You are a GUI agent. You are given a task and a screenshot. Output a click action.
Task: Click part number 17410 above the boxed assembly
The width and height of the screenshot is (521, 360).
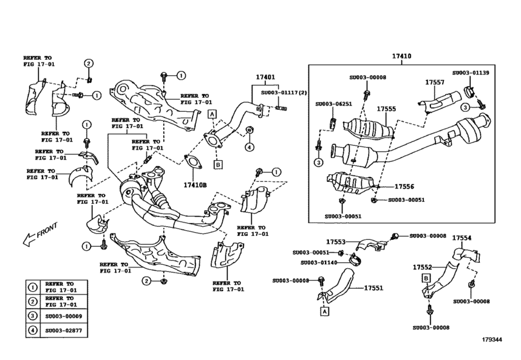click(x=403, y=57)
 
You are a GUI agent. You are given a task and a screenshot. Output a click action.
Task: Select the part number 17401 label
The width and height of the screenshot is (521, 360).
click(x=265, y=78)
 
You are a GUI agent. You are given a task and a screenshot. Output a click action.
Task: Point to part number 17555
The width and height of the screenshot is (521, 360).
click(x=387, y=109)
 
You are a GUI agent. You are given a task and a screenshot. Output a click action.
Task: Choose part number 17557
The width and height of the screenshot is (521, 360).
click(x=435, y=83)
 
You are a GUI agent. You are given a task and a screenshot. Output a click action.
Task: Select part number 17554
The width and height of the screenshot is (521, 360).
click(x=461, y=238)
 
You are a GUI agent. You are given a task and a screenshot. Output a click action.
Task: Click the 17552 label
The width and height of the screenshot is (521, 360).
click(x=422, y=266)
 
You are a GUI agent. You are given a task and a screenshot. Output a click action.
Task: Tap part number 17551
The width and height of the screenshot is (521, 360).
click(x=375, y=289)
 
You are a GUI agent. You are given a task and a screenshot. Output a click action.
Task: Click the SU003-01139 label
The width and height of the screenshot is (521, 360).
click(x=471, y=73)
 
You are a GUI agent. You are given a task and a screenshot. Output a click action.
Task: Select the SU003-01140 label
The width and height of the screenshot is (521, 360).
click(x=319, y=262)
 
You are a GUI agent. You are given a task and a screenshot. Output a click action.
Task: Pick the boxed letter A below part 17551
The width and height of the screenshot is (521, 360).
click(x=324, y=311)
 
